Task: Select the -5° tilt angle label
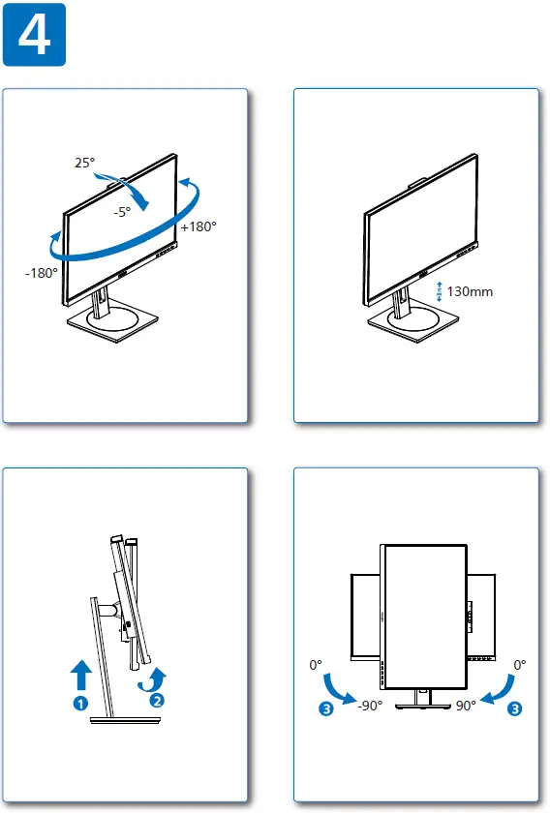[121, 212]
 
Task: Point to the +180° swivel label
[199, 226]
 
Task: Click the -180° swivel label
[42, 273]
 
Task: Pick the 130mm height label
[472, 291]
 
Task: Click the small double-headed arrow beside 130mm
[440, 291]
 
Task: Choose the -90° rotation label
[369, 706]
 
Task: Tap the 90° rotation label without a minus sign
[466, 706]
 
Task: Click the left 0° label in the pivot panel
[315, 666]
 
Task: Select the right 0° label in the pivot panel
[520, 666]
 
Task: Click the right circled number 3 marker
[514, 708]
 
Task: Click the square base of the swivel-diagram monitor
[112, 323]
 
